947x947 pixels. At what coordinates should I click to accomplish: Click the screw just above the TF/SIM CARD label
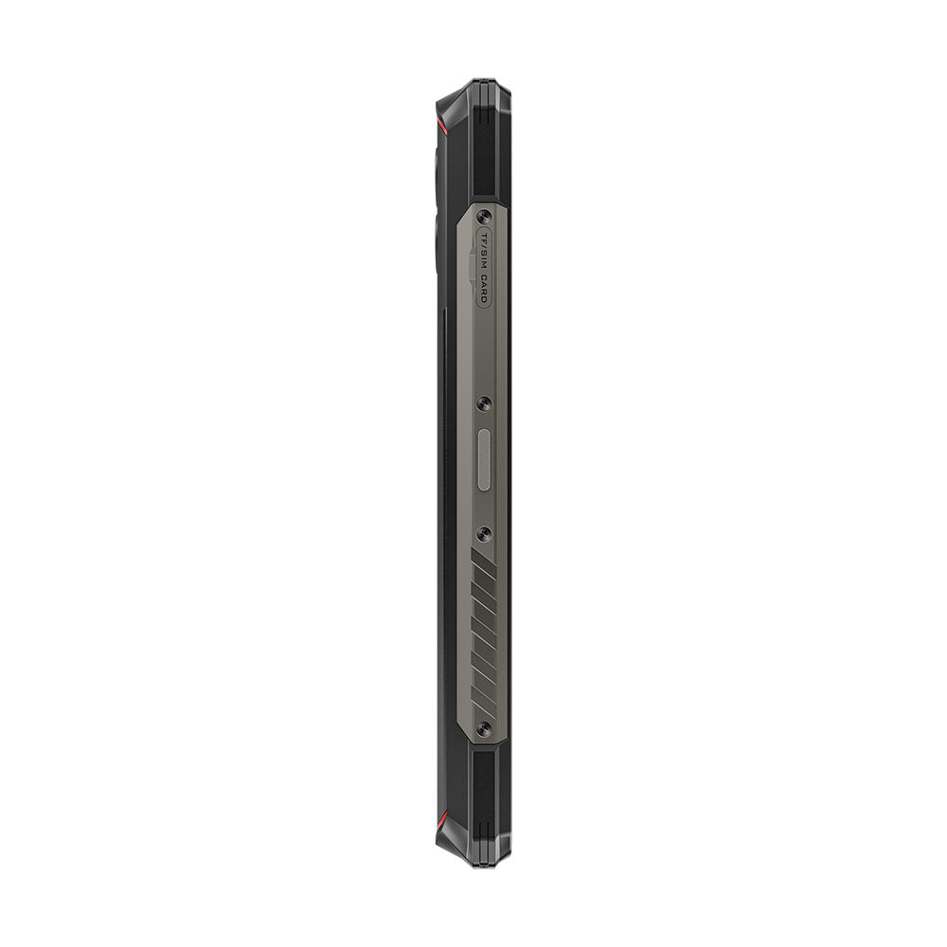point(485,215)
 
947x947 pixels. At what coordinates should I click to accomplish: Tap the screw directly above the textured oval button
point(485,403)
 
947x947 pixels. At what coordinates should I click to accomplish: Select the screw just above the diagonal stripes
point(485,534)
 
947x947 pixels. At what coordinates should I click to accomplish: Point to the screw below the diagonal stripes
point(484,728)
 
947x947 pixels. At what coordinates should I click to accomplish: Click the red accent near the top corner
point(439,124)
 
